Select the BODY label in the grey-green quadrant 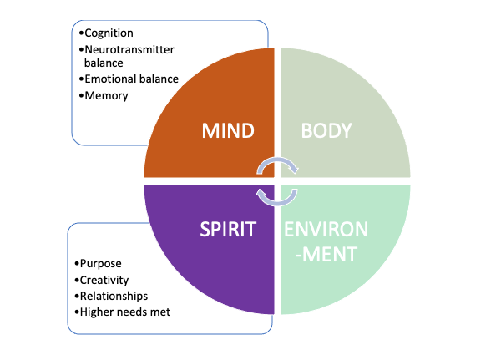tap(326, 131)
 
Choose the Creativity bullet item tap(104, 280)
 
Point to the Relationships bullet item tap(113, 296)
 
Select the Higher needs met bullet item tap(124, 312)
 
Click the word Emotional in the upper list tap(109, 79)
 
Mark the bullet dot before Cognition tap(81, 33)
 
